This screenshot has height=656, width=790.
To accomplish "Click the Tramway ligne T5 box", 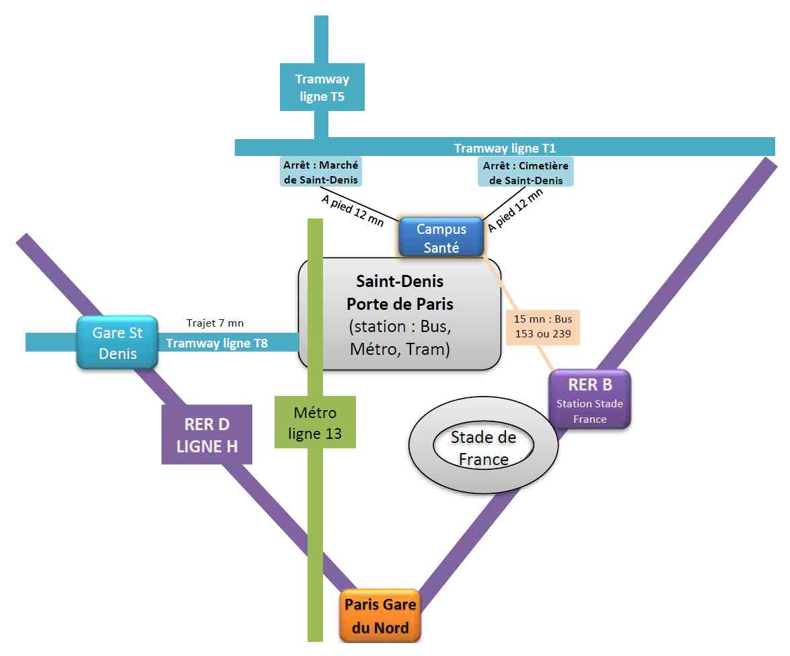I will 322,87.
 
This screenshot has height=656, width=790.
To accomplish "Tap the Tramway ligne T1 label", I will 505,148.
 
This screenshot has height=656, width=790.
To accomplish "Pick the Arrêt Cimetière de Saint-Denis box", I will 525,172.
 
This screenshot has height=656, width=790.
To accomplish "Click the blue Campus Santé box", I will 441,237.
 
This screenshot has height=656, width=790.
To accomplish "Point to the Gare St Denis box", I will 118,343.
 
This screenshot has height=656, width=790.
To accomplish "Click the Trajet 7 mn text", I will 215,324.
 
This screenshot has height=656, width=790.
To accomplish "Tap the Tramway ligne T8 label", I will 217,343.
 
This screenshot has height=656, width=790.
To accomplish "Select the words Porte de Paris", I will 400,303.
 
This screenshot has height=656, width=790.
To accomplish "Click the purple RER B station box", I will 589,399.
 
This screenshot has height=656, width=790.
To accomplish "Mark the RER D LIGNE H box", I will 207,434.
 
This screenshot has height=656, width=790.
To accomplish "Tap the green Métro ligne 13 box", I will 315,423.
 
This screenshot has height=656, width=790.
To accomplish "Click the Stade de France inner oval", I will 483,448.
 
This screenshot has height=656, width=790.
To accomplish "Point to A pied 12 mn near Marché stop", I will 352,209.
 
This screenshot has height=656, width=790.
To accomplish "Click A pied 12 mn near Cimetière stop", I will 515,210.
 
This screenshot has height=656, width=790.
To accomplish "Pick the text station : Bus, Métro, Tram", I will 400,339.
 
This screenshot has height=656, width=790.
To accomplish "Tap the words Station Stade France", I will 589,411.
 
